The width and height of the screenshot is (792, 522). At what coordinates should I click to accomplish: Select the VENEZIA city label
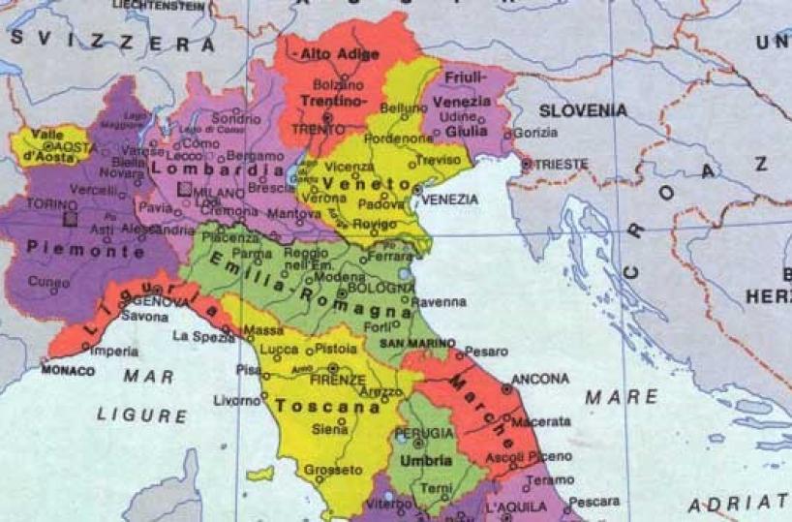pyautogui.click(x=450, y=200)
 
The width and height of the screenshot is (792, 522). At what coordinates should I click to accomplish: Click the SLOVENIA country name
pyautogui.click(x=583, y=110)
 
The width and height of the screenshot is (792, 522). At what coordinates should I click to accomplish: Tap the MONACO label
pyautogui.click(x=68, y=371)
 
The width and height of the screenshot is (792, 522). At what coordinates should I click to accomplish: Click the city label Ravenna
pyautogui.click(x=439, y=302)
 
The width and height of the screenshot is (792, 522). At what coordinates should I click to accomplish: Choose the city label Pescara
pyautogui.click(x=593, y=502)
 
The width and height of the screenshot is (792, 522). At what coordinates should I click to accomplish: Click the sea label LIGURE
pyautogui.click(x=142, y=415)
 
